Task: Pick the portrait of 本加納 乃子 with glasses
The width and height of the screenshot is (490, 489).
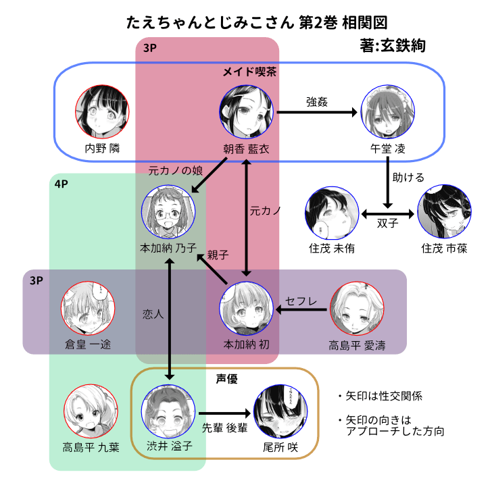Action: click(169, 210)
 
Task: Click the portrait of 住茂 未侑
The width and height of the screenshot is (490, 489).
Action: click(331, 210)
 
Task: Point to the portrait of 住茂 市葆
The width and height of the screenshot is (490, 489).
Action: click(443, 210)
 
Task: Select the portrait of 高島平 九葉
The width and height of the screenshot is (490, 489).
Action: click(90, 411)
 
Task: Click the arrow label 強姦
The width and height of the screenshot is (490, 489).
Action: click(316, 102)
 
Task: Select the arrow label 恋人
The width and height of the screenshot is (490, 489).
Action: click(153, 314)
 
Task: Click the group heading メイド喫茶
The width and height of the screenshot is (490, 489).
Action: click(250, 71)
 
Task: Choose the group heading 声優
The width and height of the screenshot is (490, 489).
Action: click(226, 380)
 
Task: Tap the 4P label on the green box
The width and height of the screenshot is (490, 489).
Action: click(62, 183)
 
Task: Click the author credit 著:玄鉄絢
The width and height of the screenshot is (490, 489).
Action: click(394, 47)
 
